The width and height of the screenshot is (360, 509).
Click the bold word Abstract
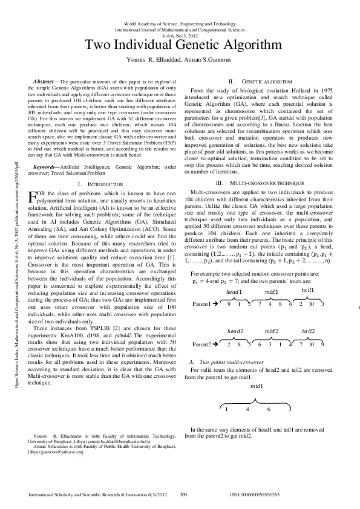(44, 80)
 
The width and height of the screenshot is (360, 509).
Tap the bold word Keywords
(46, 148)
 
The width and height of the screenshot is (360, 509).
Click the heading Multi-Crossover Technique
(267, 166)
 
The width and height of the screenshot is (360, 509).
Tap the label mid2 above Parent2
(272, 331)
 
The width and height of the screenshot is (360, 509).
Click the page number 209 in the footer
(184, 495)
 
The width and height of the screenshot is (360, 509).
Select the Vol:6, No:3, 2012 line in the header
(180, 35)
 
